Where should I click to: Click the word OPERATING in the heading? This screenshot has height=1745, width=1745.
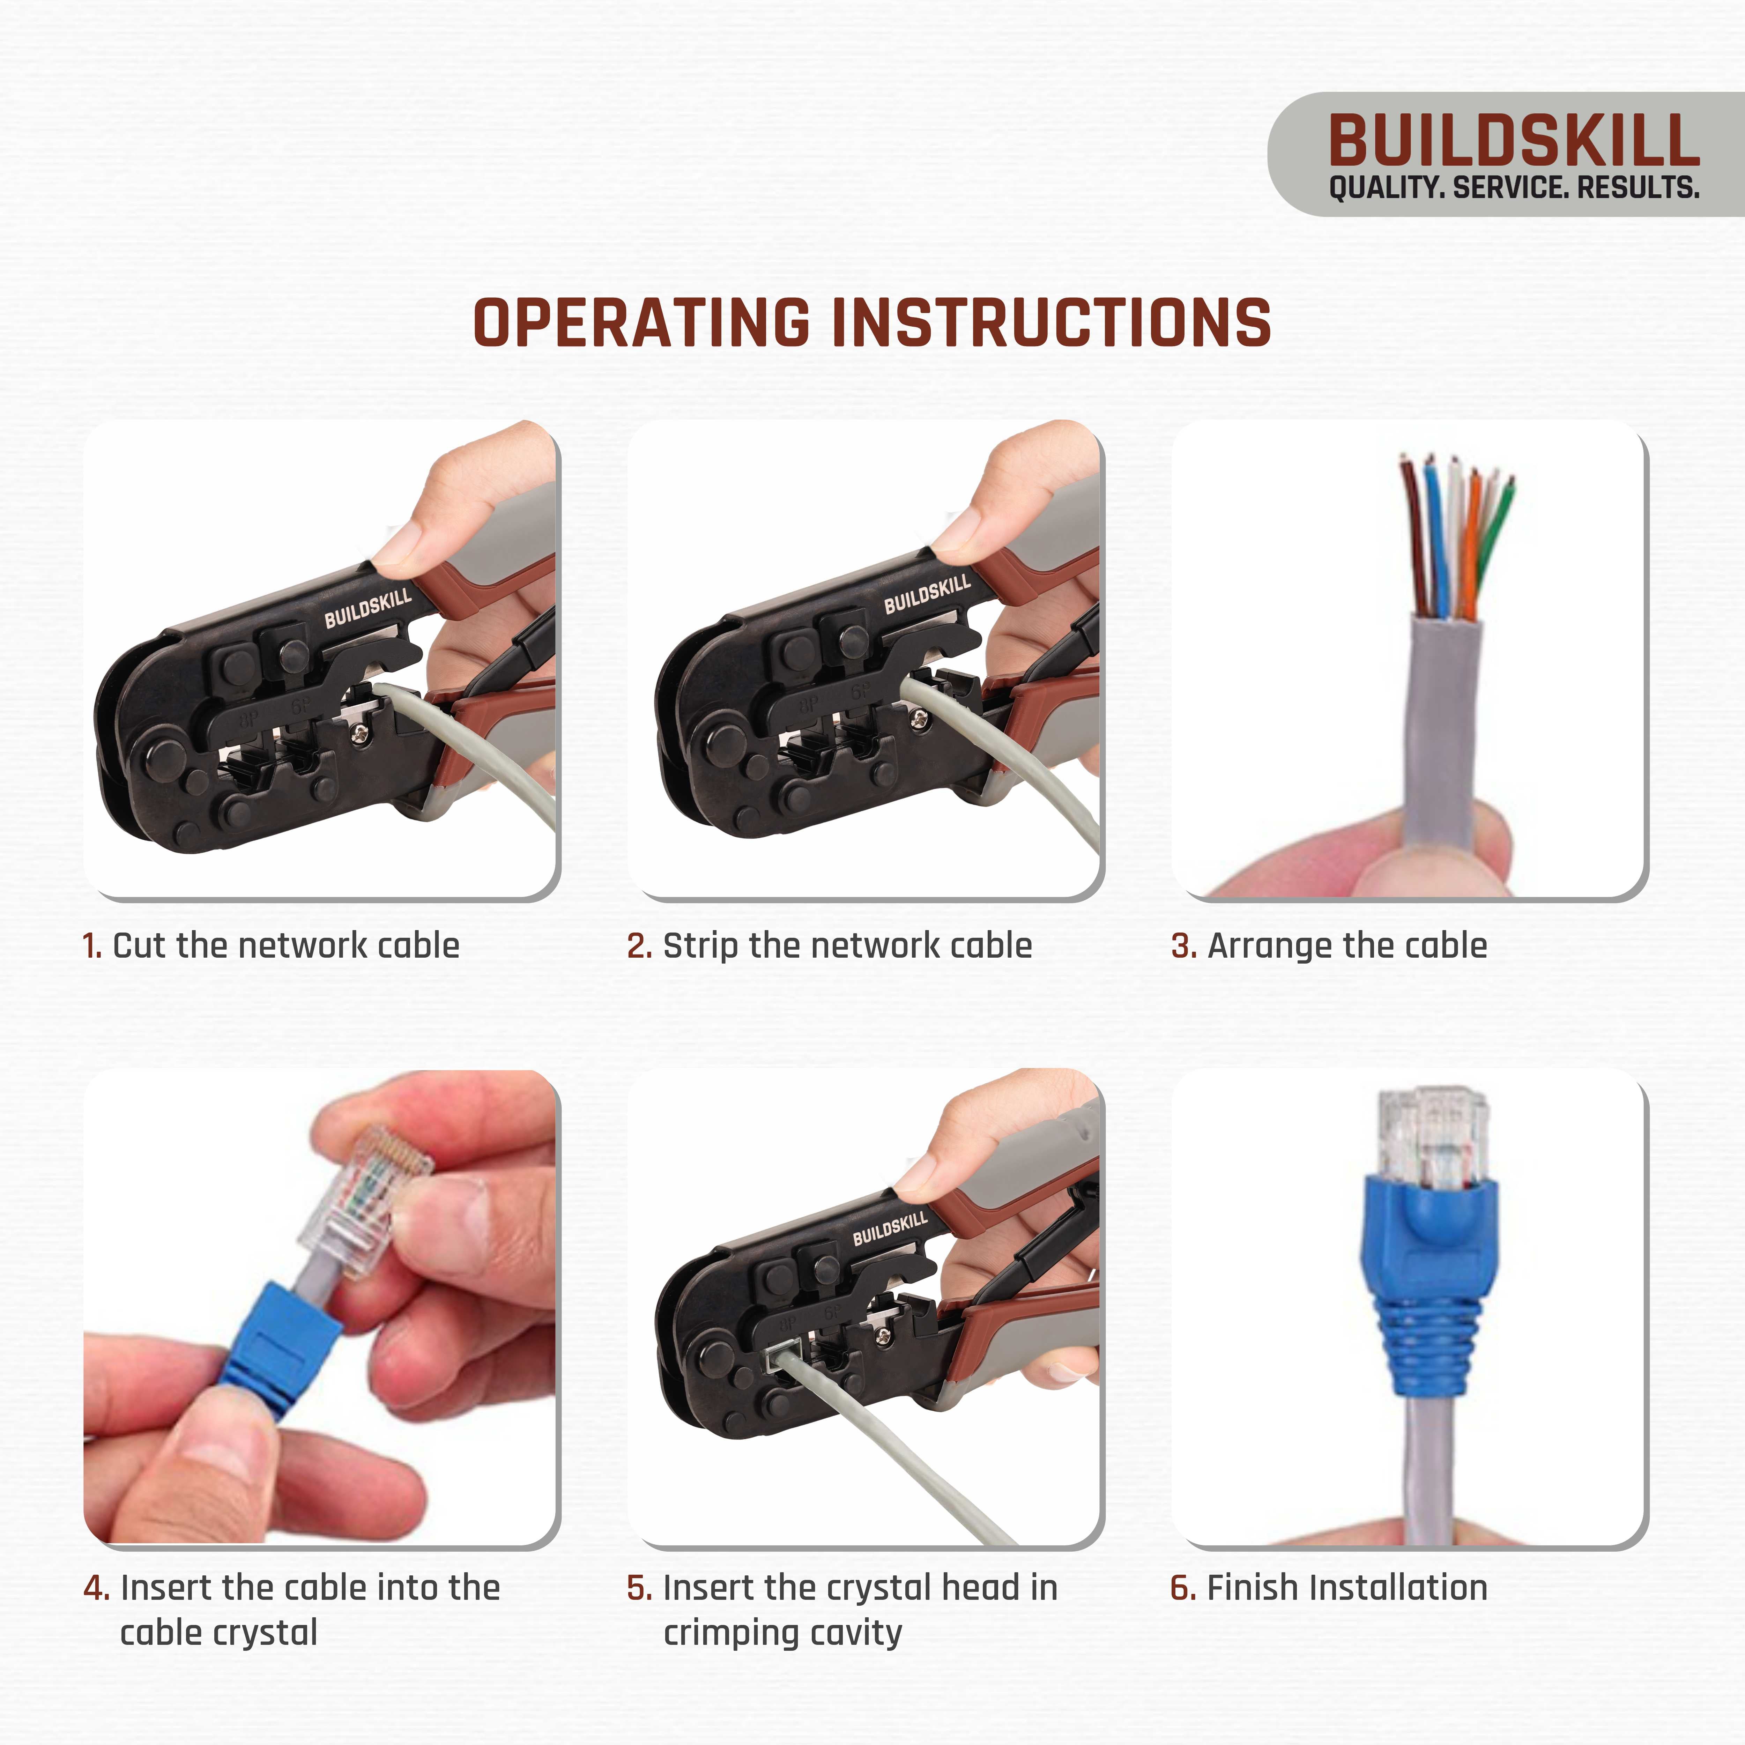click(x=641, y=324)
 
